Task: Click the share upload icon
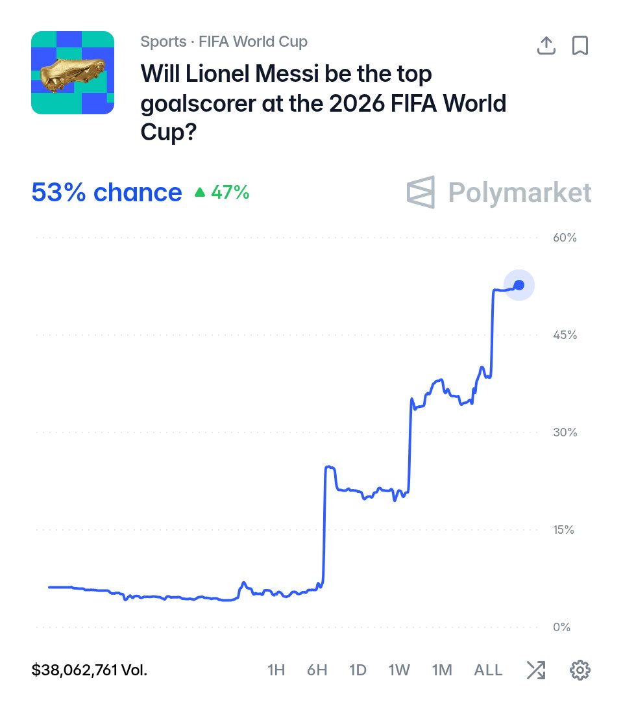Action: pos(546,45)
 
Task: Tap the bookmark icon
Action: pos(580,45)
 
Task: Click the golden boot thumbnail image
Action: pos(73,73)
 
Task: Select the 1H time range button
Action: pos(276,669)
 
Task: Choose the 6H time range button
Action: pos(317,669)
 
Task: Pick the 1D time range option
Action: pos(358,669)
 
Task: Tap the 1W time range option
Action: pos(399,669)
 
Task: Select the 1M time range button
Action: pos(442,669)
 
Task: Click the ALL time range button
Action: pos(488,669)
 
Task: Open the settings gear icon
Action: pos(580,669)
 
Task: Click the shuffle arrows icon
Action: pos(536,669)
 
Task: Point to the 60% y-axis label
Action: pos(565,238)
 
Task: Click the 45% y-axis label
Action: pos(565,335)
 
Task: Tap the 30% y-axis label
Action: pos(565,432)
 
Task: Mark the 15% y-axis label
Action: pos(563,530)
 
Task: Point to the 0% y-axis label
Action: pos(561,627)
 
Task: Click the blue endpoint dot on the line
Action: pos(519,285)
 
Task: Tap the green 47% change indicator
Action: pos(222,192)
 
